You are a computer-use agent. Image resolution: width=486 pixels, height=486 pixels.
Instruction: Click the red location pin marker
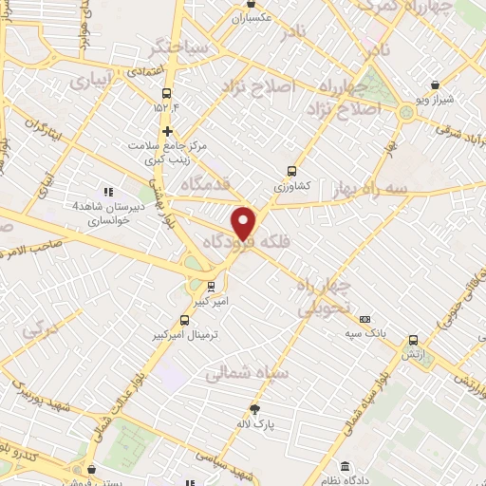[244, 223]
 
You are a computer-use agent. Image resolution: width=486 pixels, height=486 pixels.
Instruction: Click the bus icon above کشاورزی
[291, 173]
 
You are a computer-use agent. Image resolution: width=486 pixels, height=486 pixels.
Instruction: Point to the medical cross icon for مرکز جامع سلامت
[168, 131]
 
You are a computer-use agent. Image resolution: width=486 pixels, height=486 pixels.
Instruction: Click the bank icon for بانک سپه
[365, 321]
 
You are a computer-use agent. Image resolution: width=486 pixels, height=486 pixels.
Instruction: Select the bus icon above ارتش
[413, 339]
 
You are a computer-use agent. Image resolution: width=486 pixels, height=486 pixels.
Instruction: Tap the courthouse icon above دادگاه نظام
[344, 467]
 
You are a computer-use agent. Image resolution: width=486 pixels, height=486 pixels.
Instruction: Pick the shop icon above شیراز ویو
[435, 84]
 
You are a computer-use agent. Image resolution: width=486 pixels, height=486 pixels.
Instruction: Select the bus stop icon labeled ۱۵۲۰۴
[167, 93]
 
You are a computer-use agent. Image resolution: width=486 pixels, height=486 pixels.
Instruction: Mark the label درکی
[44, 332]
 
